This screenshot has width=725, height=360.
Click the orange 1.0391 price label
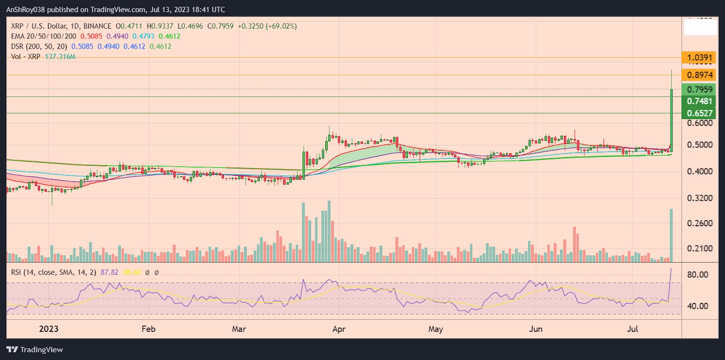coord(699,58)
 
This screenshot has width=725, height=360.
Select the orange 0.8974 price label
coord(699,75)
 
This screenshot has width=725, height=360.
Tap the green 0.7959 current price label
coord(699,89)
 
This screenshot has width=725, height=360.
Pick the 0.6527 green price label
coord(699,113)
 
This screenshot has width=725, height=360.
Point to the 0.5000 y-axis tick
coord(700,145)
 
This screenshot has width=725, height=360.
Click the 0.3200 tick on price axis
coord(700,198)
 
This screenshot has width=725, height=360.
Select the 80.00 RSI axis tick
coord(697,274)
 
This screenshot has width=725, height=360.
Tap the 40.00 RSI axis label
coord(697,306)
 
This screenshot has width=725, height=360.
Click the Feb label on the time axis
coord(148,329)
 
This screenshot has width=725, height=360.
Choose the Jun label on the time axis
coord(536,329)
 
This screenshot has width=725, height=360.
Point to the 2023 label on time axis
coord(48,329)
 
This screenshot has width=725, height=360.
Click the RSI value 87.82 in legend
coord(109,272)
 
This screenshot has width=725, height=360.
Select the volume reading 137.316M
coord(60,57)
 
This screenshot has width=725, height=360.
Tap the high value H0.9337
coord(159,26)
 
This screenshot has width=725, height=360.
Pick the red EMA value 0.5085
coord(91,36)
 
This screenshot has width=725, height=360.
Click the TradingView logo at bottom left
coord(34,350)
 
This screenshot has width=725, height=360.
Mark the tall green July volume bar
coord(671,236)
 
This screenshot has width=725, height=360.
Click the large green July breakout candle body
coord(671,120)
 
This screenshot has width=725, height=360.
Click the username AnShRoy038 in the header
coord(26,10)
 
